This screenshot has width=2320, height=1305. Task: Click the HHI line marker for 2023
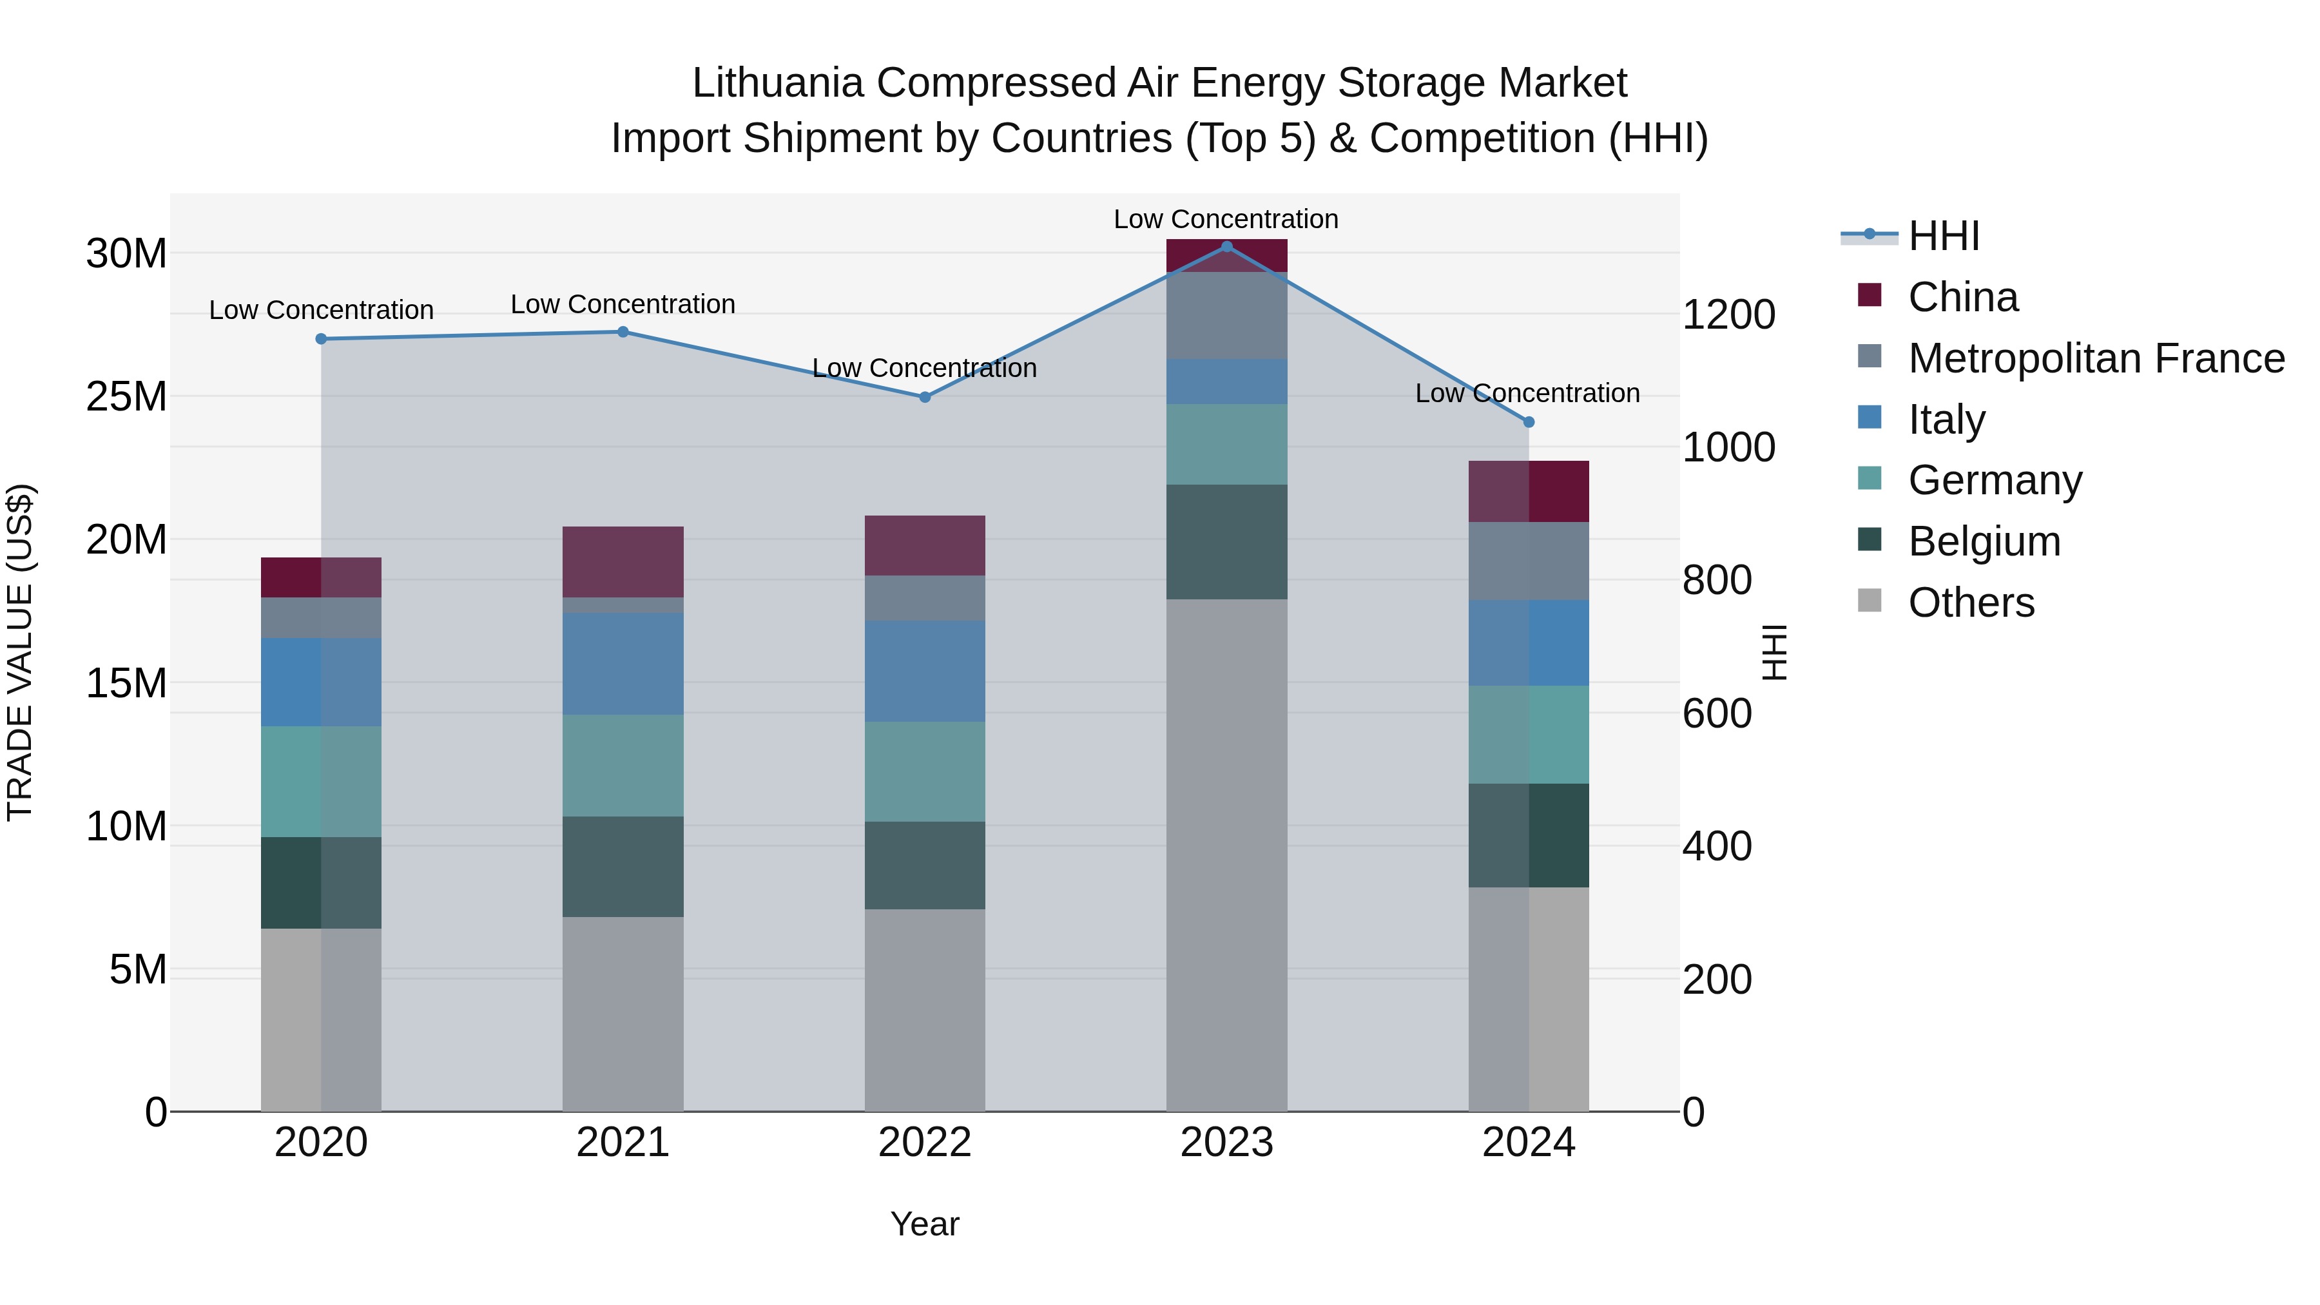(1226, 246)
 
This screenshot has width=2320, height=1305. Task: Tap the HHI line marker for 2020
(321, 338)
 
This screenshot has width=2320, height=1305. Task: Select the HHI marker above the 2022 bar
(924, 397)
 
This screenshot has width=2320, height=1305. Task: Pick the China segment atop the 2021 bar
(623, 561)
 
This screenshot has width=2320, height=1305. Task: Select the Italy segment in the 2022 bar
(924, 670)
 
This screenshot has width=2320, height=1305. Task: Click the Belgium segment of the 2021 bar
(623, 866)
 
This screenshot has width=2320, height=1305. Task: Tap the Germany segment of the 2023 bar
(1226, 444)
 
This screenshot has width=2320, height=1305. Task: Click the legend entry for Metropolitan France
(2095, 358)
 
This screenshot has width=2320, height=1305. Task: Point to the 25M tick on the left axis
(126, 396)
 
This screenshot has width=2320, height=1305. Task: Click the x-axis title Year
(924, 1224)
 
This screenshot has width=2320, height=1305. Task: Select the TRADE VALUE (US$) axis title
(20, 652)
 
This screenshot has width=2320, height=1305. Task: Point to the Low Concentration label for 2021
(623, 304)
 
